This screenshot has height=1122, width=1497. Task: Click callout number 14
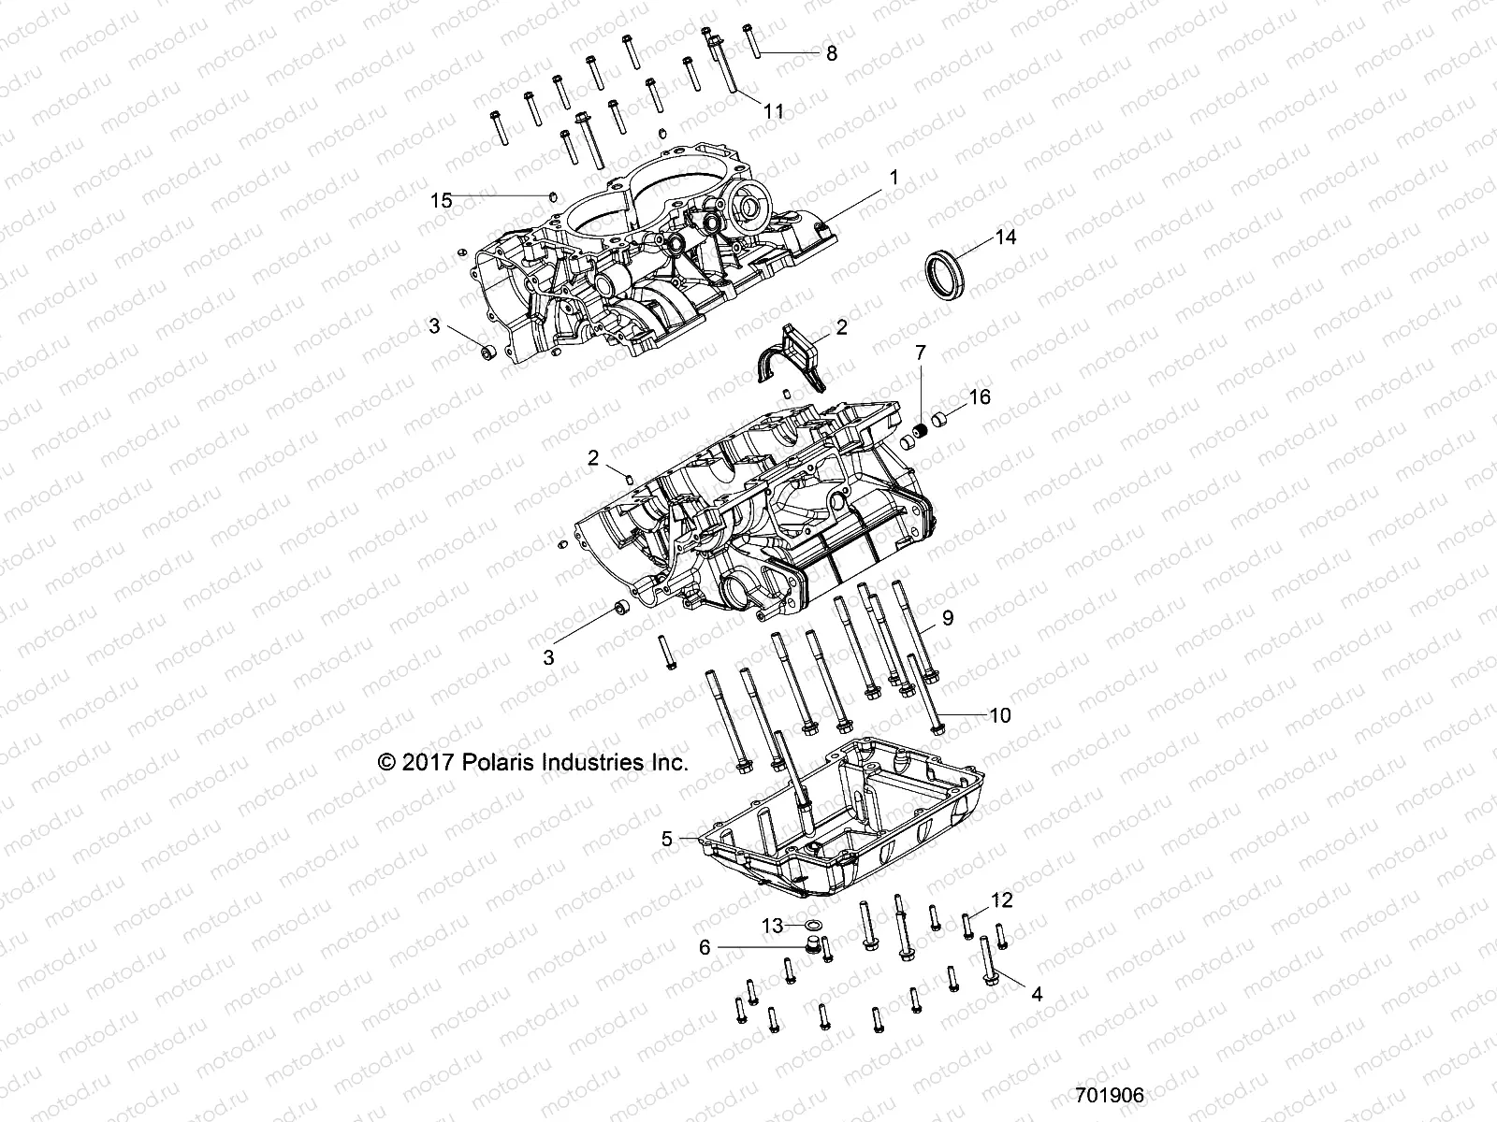1005,237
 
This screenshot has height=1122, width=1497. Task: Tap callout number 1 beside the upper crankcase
894,176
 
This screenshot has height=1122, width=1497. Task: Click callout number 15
441,200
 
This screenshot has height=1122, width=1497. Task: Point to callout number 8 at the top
830,53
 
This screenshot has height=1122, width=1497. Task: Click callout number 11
774,111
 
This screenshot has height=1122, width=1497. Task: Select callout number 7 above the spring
920,352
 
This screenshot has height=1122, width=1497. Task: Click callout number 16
979,396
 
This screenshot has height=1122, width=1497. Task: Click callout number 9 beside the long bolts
948,617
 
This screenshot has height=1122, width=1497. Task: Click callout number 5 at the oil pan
666,839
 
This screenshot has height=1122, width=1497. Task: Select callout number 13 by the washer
772,926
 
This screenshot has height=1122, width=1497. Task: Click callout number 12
1002,900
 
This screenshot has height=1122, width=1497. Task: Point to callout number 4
1036,995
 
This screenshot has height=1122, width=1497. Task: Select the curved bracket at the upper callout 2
790,360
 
